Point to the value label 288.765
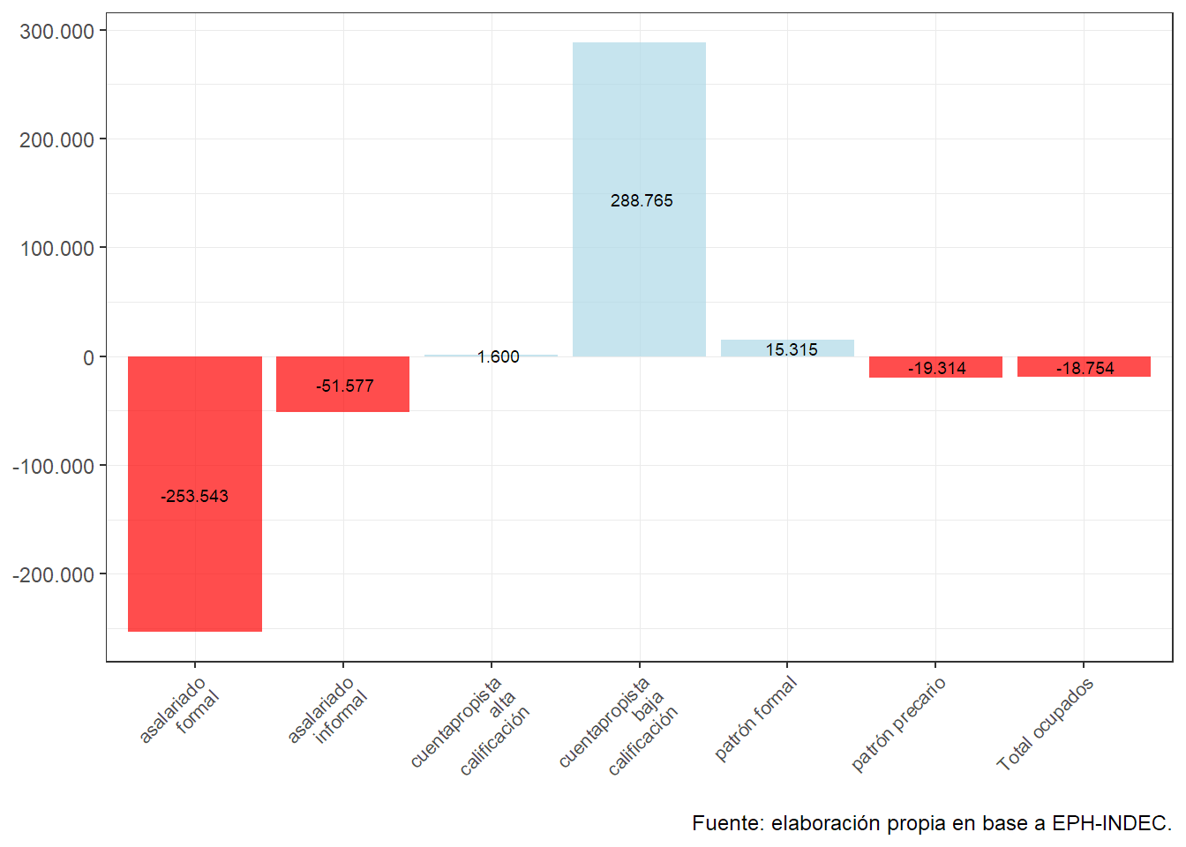[642, 201]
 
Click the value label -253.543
[194, 497]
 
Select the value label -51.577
[344, 386]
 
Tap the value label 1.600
[498, 357]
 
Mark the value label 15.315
[791, 350]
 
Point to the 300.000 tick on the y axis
[56, 32]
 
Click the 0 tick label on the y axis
[88, 358]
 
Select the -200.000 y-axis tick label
[53, 575]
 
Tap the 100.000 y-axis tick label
[56, 249]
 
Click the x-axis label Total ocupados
[1046, 723]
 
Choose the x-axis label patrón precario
[898, 723]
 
